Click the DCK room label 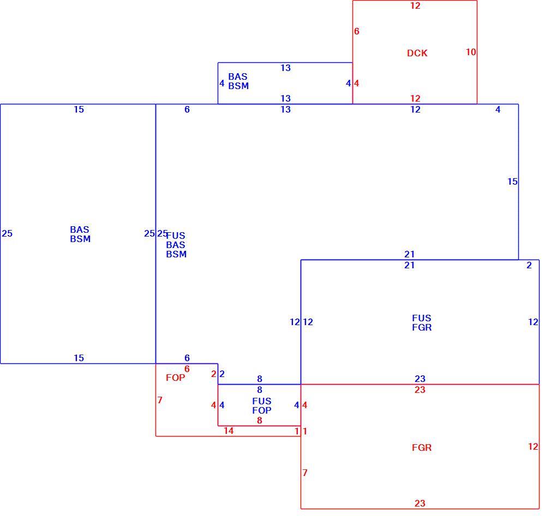[417, 53]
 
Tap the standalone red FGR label [422, 448]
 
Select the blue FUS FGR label [422, 323]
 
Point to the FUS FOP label [262, 406]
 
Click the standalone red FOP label [175, 378]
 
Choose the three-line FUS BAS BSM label [176, 245]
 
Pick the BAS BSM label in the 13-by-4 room [238, 81]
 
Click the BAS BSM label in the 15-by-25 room [80, 234]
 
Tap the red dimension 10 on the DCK [471, 52]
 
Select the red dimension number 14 [229, 431]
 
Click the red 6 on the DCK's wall [357, 31]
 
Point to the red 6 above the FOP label [187, 369]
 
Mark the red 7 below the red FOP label [160, 400]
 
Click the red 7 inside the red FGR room [305, 473]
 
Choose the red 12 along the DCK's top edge [415, 5]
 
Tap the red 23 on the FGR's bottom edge [420, 503]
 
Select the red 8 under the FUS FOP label [260, 420]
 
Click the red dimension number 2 [214, 374]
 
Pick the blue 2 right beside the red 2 [221, 374]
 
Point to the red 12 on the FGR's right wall [533, 446]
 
